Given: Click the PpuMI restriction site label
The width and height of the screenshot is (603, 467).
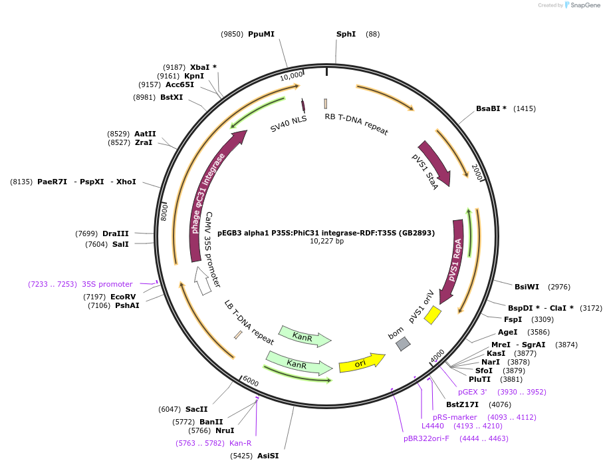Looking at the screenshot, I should tap(261, 34).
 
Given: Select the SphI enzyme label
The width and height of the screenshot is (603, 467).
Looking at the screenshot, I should tap(346, 34).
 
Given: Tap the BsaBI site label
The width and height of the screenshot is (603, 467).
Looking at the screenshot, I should tap(491, 108).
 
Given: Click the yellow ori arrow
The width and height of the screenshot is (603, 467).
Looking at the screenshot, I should tap(361, 363).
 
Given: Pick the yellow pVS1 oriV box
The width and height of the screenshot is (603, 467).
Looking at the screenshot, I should tap(433, 315).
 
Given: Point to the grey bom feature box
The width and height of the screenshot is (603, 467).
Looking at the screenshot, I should tap(403, 344).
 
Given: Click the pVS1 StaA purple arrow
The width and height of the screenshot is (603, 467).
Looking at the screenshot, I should tap(435, 162).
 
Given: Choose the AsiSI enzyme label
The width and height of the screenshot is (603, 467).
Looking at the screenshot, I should tap(268, 456).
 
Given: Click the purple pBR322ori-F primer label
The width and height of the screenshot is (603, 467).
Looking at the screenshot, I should tap(426, 438).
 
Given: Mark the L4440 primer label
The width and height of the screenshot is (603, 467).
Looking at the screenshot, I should tap(432, 426).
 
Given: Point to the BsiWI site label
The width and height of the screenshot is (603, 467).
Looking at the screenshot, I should tap(527, 287).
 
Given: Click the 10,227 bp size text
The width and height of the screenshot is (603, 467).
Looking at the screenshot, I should tap(326, 241).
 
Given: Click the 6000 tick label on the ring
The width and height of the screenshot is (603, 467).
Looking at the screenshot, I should tap(250, 381).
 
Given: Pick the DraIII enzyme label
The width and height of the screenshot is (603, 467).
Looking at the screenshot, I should tap(115, 234).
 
